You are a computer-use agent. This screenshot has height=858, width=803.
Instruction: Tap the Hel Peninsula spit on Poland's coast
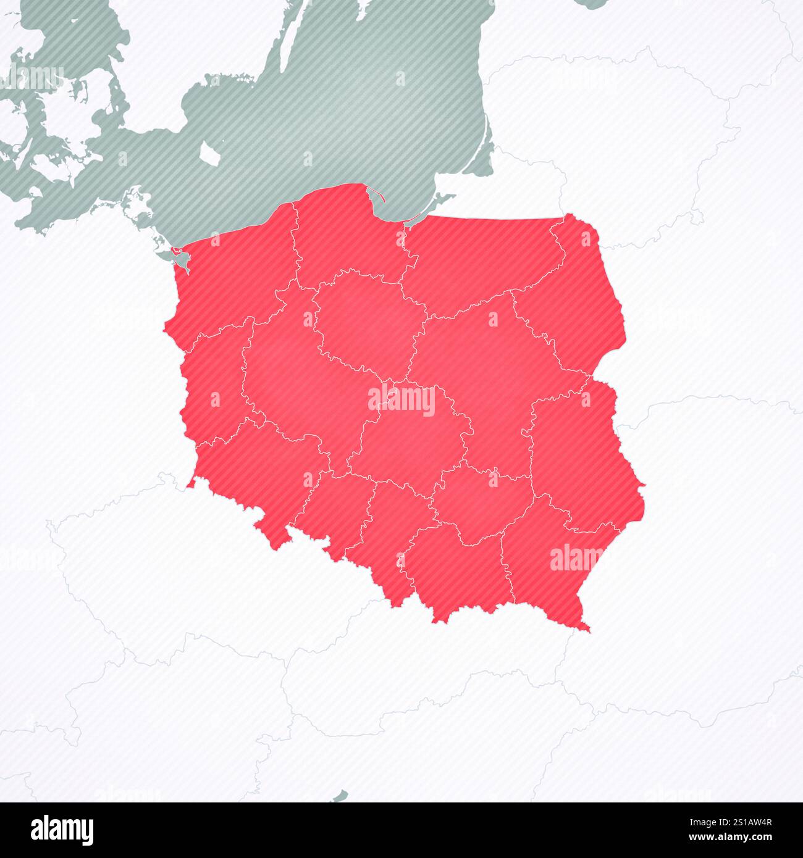[375, 194]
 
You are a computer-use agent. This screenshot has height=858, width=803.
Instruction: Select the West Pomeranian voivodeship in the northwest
[235, 272]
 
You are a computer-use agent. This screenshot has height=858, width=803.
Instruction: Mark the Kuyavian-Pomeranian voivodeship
[364, 321]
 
